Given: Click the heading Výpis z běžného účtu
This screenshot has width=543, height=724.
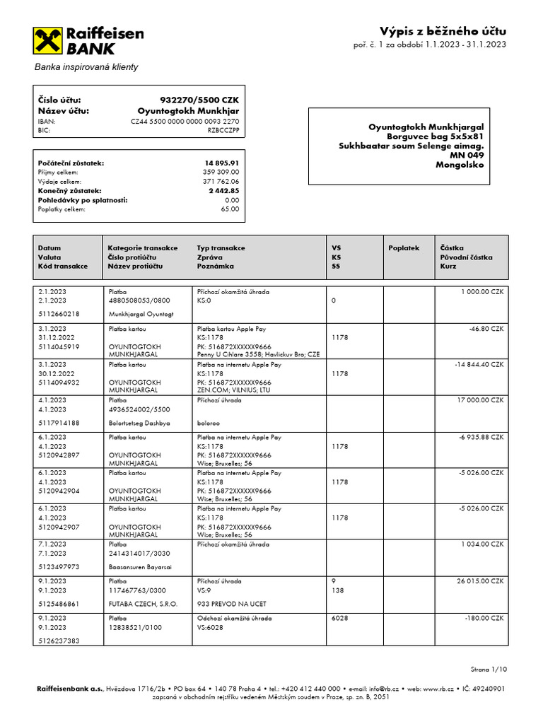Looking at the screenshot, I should point(443,31).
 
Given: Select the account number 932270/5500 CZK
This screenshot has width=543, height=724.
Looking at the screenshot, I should point(200,100).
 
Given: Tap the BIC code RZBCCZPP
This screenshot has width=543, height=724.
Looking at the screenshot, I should point(223,131).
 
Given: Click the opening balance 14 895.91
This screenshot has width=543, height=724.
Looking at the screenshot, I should point(222,163).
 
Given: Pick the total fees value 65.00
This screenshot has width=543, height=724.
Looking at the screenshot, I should point(230,209).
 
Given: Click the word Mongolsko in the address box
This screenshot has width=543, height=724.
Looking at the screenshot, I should point(460,165).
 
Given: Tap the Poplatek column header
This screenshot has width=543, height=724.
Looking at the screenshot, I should point(404,248).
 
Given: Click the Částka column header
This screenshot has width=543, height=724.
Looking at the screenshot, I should point(452,248).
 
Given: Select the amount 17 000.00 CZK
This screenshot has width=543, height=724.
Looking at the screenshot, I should point(479,400).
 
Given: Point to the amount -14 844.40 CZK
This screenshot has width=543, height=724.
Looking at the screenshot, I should point(478,364).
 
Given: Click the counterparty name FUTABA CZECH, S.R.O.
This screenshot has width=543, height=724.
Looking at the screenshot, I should point(143,605).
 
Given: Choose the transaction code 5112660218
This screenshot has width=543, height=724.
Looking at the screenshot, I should point(59,314).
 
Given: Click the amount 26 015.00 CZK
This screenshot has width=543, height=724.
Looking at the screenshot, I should point(479,581).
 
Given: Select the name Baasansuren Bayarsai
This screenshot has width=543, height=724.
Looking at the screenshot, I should point(141,567).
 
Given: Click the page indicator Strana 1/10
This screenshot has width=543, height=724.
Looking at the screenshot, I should point(489,669).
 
